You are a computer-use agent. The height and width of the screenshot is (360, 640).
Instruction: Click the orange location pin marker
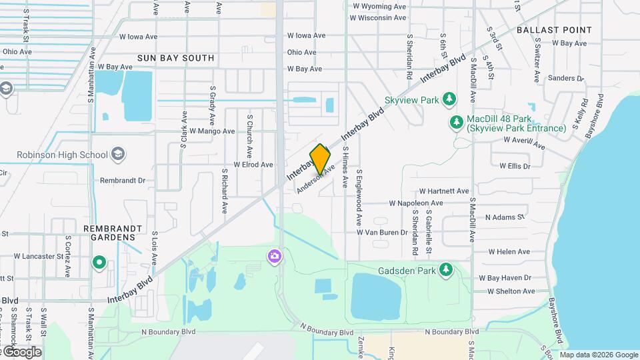[320, 159]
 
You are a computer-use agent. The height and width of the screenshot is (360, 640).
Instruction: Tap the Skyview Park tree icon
[449, 100]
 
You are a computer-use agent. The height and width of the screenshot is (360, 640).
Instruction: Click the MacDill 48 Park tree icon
[456, 122]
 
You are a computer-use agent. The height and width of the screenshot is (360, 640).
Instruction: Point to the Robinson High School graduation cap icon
[118, 155]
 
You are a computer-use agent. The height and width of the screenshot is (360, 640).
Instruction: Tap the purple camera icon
[274, 256]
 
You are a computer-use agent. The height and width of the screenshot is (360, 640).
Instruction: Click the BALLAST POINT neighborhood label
[553, 30]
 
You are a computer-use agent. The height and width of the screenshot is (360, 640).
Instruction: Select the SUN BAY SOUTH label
[176, 58]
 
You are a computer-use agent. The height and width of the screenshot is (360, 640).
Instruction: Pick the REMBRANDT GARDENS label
[113, 233]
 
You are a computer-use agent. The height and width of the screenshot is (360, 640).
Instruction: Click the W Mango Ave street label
[212, 131]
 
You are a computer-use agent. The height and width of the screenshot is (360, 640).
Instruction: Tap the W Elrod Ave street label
[253, 164]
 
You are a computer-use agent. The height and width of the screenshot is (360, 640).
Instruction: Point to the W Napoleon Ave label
[416, 203]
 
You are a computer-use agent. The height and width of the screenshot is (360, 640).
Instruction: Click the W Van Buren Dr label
[381, 233]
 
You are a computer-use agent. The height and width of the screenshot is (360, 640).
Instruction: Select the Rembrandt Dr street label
[122, 180]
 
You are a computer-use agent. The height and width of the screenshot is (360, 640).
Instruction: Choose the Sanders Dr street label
[565, 78]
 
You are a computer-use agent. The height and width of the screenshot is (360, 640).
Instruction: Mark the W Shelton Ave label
[511, 291]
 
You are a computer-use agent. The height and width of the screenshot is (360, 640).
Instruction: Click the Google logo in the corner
[21, 352]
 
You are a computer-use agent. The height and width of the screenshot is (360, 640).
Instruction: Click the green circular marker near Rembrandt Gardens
[99, 263]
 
